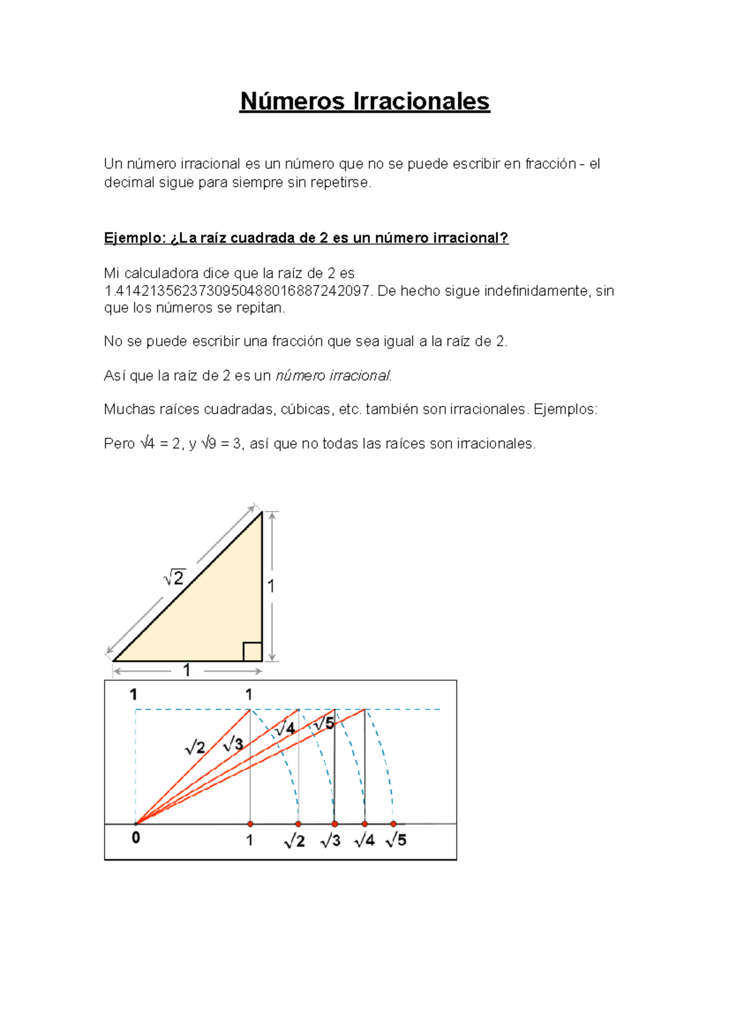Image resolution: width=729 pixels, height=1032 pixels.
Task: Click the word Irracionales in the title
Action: click(420, 101)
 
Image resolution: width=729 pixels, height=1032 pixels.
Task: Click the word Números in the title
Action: click(292, 101)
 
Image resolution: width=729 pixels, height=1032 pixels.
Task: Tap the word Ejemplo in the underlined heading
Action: click(132, 238)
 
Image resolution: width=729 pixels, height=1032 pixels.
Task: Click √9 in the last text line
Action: click(208, 444)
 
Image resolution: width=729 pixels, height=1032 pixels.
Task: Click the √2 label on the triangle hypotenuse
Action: click(174, 577)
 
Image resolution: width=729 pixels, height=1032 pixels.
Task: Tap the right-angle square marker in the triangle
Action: click(252, 652)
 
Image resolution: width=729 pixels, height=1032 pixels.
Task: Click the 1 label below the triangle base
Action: click(187, 670)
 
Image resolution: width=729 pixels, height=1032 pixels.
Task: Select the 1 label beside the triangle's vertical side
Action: click(271, 587)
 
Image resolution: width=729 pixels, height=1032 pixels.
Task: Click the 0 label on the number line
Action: click(136, 838)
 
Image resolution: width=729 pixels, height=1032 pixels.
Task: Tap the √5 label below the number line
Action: click(396, 840)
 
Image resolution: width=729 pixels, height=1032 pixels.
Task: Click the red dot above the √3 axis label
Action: click(335, 824)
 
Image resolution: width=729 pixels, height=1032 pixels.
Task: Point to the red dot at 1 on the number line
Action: click(250, 824)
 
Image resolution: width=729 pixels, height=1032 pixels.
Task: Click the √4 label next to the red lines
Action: click(285, 728)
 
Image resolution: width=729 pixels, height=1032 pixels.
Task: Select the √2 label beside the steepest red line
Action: click(195, 747)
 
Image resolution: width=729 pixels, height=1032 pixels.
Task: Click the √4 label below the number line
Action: click(364, 840)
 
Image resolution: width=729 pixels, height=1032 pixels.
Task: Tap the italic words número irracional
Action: click(334, 376)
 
